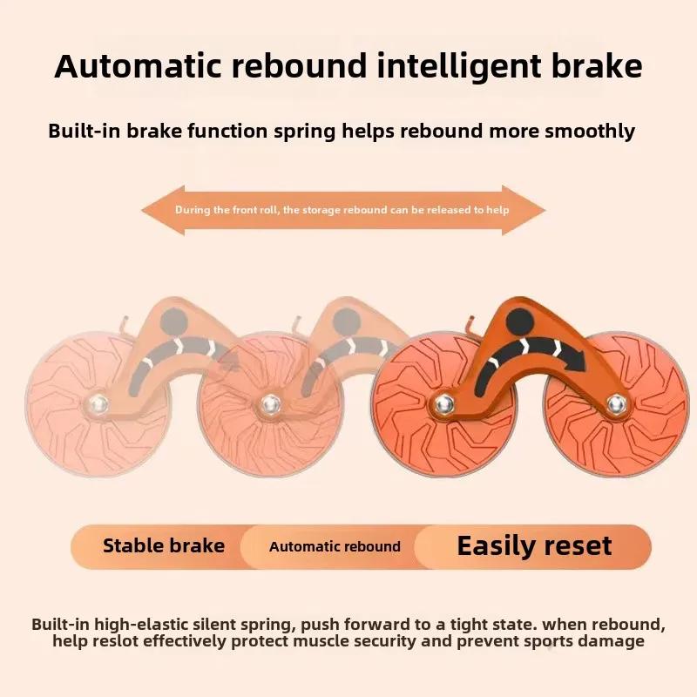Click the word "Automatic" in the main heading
[x=138, y=66]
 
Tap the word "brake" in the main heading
[x=597, y=66]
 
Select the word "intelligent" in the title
[x=459, y=68]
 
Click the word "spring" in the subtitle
[x=304, y=132]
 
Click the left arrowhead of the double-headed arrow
[x=163, y=210]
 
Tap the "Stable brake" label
[x=164, y=545]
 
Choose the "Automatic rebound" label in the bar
[x=335, y=546]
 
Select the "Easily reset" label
[x=534, y=546]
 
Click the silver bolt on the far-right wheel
[x=616, y=404]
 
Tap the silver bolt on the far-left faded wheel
[x=98, y=404]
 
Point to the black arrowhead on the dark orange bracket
[x=576, y=358]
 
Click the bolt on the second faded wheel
[x=270, y=404]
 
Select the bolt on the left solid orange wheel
[x=443, y=404]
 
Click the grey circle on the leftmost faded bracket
[x=173, y=321]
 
